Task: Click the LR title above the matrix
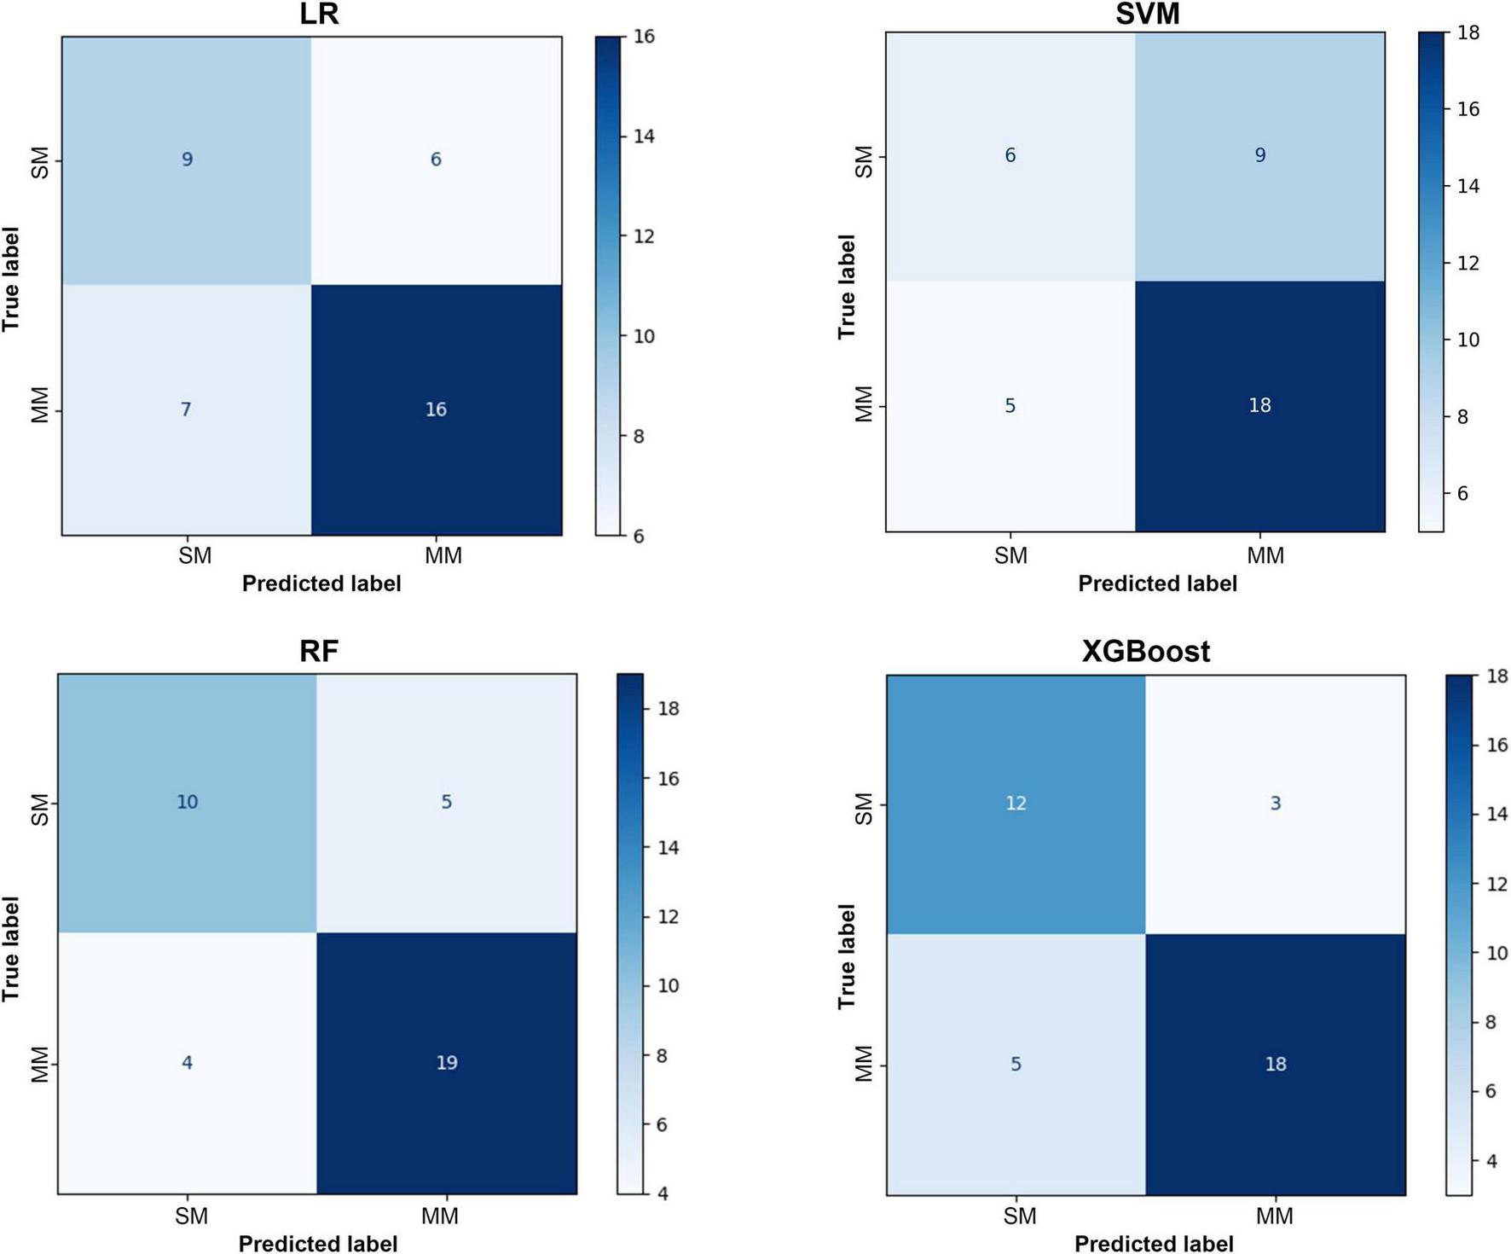(320, 15)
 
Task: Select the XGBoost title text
(1145, 652)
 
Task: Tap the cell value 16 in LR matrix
(436, 410)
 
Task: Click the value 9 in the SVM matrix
(1259, 155)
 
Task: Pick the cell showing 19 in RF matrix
(446, 1063)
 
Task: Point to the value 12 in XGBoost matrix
(1016, 804)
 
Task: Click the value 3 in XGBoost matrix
(1275, 804)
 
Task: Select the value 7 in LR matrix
(186, 410)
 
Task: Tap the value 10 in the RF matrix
(187, 802)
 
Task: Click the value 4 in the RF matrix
(187, 1063)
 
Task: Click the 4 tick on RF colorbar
(663, 1194)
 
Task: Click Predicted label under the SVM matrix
(1156, 584)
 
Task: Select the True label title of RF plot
(11, 949)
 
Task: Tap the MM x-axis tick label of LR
(443, 556)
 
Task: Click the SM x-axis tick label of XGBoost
(1019, 1216)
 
